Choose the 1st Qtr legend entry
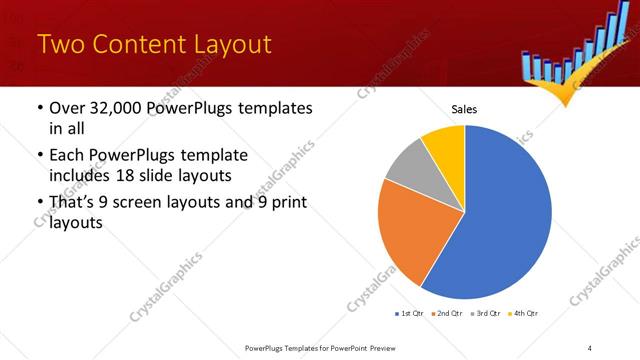tap(410, 314)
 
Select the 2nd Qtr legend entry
tap(448, 314)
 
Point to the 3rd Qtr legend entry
tap(486, 314)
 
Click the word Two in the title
tap(59, 44)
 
